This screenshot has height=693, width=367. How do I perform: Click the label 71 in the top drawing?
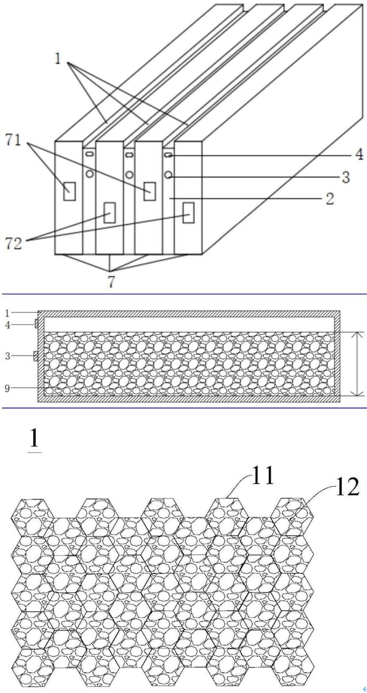(x=13, y=140)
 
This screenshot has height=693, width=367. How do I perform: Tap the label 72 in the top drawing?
(x=14, y=243)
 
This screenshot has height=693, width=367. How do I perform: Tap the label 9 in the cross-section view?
(x=7, y=388)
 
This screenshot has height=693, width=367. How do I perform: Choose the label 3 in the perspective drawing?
(x=346, y=177)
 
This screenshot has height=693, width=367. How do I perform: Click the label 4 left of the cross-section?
(x=7, y=325)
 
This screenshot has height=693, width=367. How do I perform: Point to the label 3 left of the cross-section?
(x=7, y=355)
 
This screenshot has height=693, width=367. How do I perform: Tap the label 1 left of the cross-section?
(x=7, y=313)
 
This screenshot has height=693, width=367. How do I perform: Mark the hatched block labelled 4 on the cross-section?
(x=36, y=324)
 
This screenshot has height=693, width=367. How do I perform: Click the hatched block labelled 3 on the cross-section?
(x=36, y=355)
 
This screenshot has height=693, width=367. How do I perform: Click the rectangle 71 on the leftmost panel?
(x=69, y=191)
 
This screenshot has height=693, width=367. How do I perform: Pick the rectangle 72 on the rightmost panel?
(x=188, y=212)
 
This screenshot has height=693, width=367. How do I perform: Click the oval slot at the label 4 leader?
(x=168, y=156)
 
